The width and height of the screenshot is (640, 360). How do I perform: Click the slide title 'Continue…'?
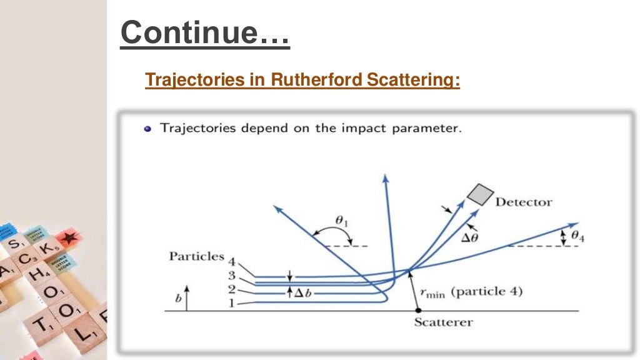coord(205,32)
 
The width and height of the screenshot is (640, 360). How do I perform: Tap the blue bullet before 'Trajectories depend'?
coord(147,129)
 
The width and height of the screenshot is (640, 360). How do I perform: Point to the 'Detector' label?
coord(524,202)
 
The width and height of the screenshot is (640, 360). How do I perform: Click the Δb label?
coord(306,291)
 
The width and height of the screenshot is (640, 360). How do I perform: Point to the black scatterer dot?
coord(417,310)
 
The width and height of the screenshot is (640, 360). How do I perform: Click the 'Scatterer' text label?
coord(443,322)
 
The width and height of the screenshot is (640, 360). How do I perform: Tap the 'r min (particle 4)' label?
coord(471,291)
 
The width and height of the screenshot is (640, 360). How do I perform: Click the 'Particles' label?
coord(196,256)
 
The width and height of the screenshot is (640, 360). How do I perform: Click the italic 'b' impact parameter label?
coord(178,298)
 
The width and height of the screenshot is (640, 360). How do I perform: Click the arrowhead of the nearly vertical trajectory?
coord(385,179)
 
